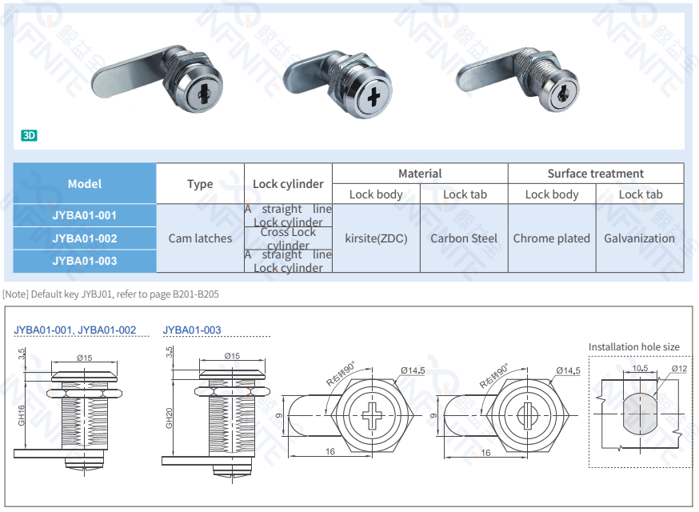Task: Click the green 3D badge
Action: tap(29, 135)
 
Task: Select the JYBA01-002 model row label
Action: tap(85, 238)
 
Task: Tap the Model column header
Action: tap(85, 183)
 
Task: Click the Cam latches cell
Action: tap(200, 238)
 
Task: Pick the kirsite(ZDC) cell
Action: tap(376, 238)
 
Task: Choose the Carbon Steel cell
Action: tap(464, 238)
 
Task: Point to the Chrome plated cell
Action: tap(551, 238)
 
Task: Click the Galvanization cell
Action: tap(639, 238)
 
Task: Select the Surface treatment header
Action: tap(595, 174)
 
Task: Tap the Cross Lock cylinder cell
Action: tap(288, 238)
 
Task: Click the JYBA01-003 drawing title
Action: tap(192, 330)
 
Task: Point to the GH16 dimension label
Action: tap(22, 414)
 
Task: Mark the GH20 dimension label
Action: tap(170, 418)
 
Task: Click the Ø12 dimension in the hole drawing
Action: tap(679, 368)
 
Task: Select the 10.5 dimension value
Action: tap(640, 368)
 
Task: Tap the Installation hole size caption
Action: tap(633, 347)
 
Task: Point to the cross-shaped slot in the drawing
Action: tap(373, 416)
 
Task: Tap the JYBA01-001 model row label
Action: tap(85, 215)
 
